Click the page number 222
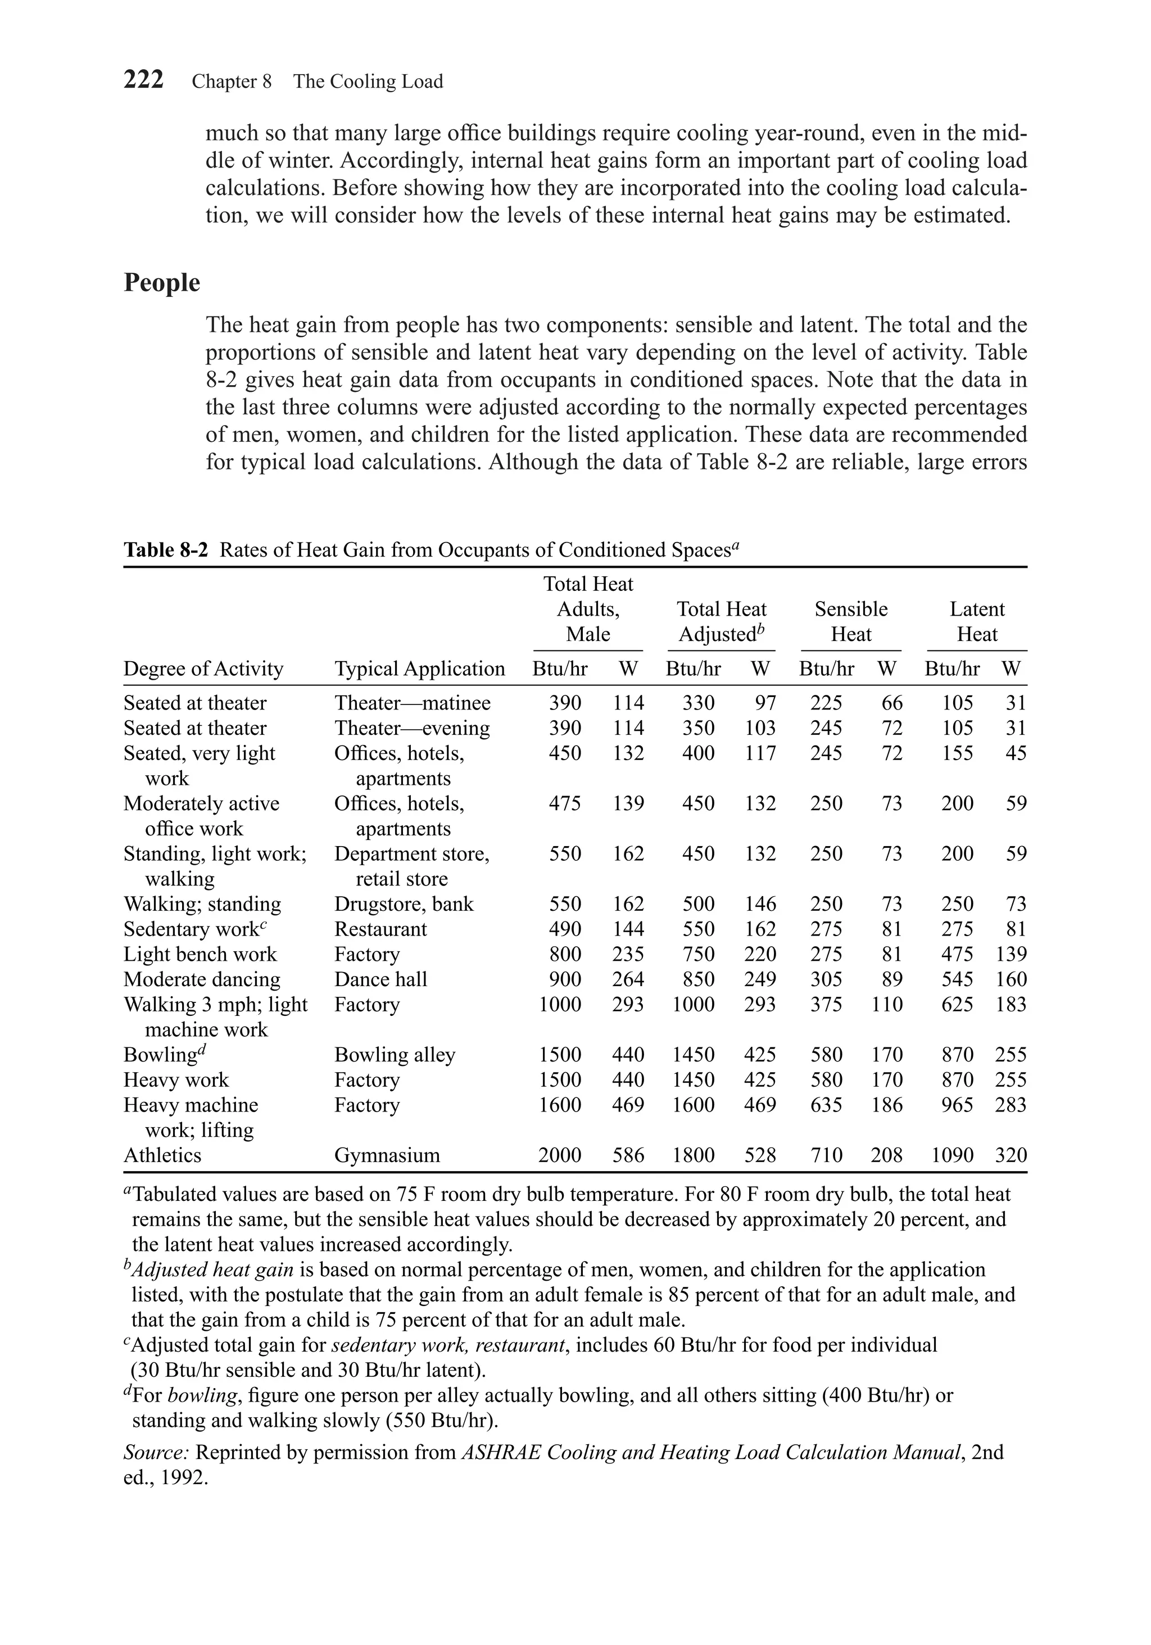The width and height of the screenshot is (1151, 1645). [x=143, y=79]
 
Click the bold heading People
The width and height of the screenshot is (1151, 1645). [x=162, y=282]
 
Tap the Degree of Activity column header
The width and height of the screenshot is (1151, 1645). [x=203, y=668]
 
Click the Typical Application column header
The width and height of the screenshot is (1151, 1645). [x=419, y=668]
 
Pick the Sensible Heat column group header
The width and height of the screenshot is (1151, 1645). [x=850, y=621]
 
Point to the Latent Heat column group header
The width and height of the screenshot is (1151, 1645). [x=976, y=621]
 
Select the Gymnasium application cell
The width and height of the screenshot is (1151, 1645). [x=387, y=1155]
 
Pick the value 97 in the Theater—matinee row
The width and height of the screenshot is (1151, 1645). [x=765, y=703]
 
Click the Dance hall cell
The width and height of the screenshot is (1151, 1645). [x=380, y=979]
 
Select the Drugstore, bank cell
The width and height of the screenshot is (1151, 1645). [x=404, y=903]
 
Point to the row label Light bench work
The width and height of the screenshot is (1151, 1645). [x=200, y=953]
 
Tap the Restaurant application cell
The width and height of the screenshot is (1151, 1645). [x=380, y=929]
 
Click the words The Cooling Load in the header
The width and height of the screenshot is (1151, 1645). [x=368, y=82]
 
